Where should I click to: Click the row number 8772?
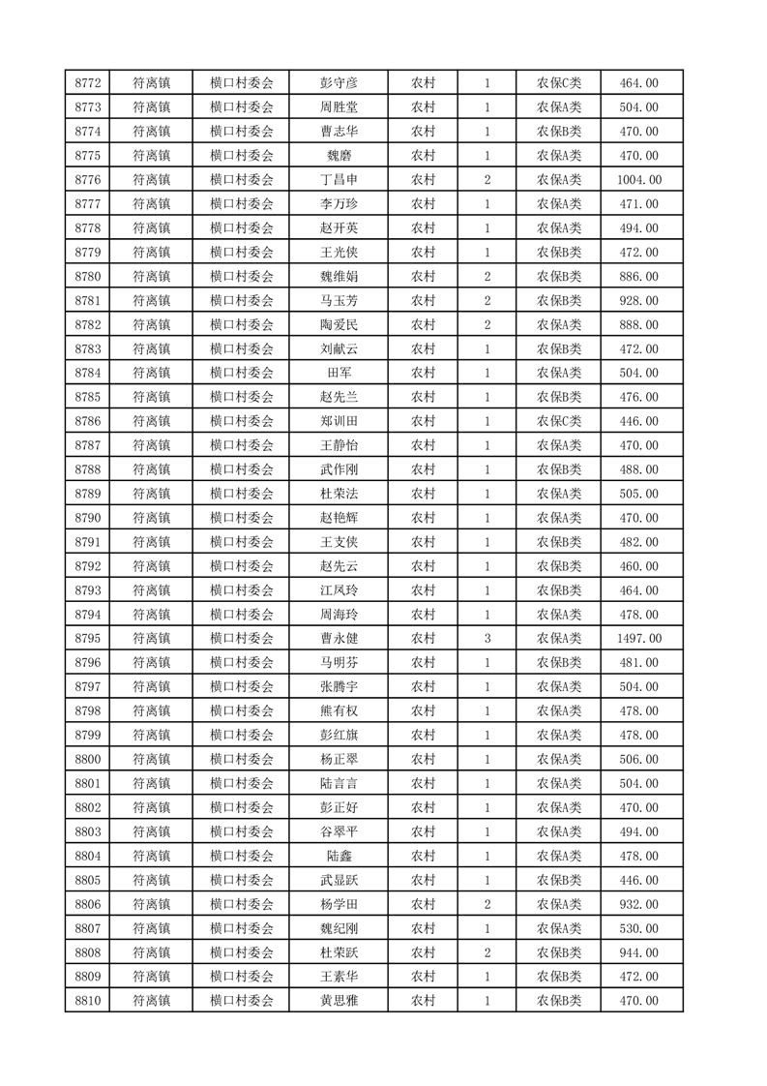88,83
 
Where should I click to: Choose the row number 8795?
88,639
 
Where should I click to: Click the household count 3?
487,639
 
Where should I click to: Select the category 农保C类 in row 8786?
559,422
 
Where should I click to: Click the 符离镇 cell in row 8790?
152,519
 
